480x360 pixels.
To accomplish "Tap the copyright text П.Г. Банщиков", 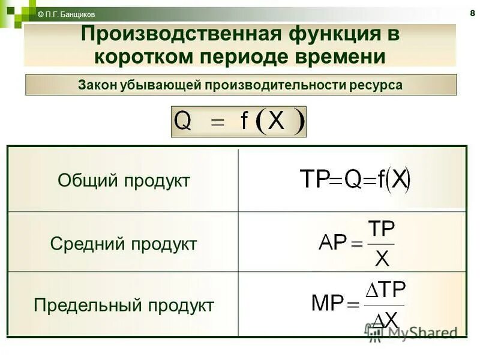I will pos(66,14).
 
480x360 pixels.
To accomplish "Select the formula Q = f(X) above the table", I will pos(239,121).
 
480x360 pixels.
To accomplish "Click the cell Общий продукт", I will pos(124,181).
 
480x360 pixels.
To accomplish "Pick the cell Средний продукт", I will pos(124,244).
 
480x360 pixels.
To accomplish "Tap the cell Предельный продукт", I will pos(124,305).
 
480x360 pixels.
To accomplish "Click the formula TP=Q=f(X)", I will pos(355,180).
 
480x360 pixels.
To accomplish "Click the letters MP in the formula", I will pos(327,303).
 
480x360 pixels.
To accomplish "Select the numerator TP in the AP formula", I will pos(381,230).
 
